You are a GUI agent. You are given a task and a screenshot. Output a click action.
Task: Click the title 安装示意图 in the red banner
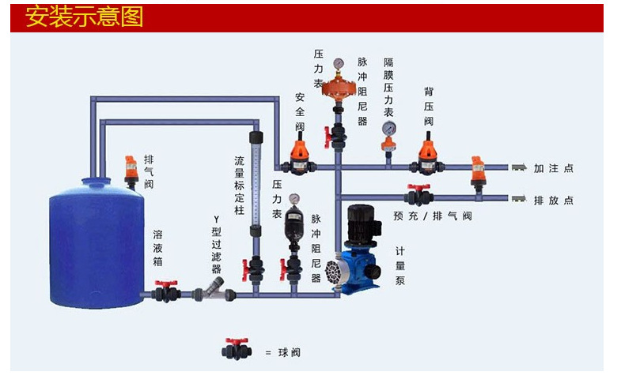(x=85, y=17)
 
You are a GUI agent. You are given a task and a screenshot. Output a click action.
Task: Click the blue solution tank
(x=97, y=245)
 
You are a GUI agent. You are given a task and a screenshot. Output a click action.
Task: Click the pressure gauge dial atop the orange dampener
(x=339, y=62)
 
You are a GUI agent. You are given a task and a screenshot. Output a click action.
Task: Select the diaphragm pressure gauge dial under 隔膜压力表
(x=388, y=130)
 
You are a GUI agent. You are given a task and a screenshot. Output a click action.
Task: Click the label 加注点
(x=553, y=168)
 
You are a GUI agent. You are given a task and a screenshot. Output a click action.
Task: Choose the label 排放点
(x=553, y=200)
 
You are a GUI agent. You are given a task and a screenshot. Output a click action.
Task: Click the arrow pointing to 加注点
(x=519, y=167)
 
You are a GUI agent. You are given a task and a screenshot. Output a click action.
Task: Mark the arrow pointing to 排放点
(x=519, y=198)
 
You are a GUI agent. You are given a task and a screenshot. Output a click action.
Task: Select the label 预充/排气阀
(x=432, y=216)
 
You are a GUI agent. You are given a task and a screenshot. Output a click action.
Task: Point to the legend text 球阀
(x=290, y=352)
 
